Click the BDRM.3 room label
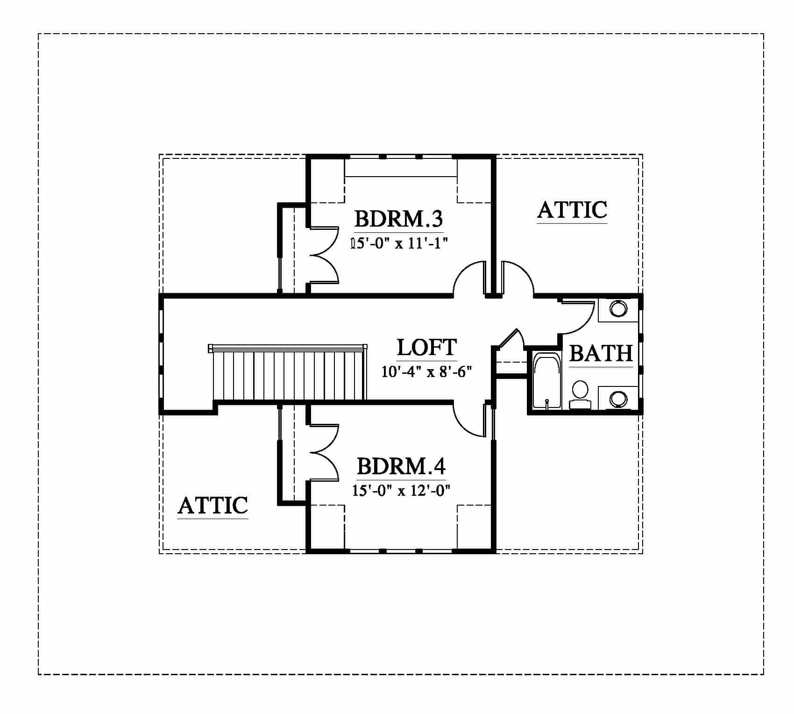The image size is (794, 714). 398,219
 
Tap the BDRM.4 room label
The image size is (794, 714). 401,466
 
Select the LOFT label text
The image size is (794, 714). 426,348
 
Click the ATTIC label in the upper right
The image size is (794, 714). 572,210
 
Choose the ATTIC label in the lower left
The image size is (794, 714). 213,506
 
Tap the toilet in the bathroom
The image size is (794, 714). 580,395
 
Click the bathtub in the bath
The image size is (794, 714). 547,382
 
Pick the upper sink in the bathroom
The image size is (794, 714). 618,309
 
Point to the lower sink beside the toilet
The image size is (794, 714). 618,398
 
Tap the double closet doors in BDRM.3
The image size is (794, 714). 324,255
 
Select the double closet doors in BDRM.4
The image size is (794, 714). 324,452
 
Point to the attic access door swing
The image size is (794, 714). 518,278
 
